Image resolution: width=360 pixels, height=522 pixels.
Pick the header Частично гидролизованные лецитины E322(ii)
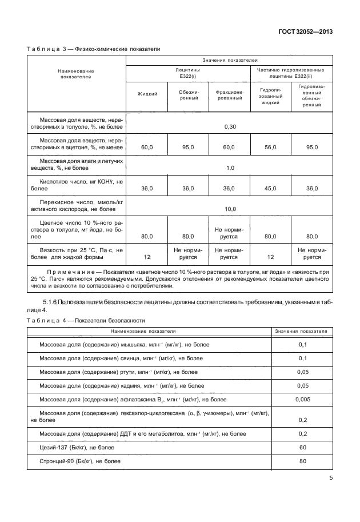tap(291, 72)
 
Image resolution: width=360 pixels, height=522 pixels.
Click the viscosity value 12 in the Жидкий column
tap(147, 257)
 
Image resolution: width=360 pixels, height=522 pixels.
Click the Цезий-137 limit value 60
tap(303, 447)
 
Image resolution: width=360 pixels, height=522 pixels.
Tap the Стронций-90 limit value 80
tap(303, 461)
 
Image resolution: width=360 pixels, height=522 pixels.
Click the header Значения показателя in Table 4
tap(301, 331)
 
